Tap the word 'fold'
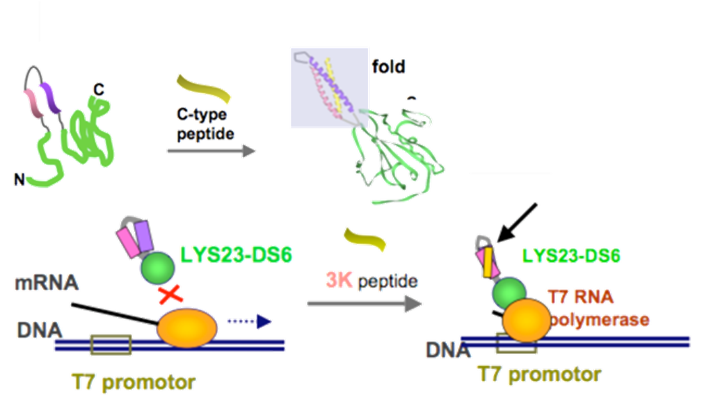coord(388,67)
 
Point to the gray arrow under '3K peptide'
coord(364,304)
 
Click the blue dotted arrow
coord(250,321)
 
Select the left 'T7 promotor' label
coord(133,382)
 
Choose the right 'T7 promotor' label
coord(539,375)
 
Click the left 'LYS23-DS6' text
coord(236,254)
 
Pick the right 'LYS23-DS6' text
coord(571,255)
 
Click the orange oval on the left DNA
coord(188,326)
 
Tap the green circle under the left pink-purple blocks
coord(157,268)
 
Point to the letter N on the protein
coord(19,180)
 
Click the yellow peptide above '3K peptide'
coord(365,240)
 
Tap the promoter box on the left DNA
coord(111,344)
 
